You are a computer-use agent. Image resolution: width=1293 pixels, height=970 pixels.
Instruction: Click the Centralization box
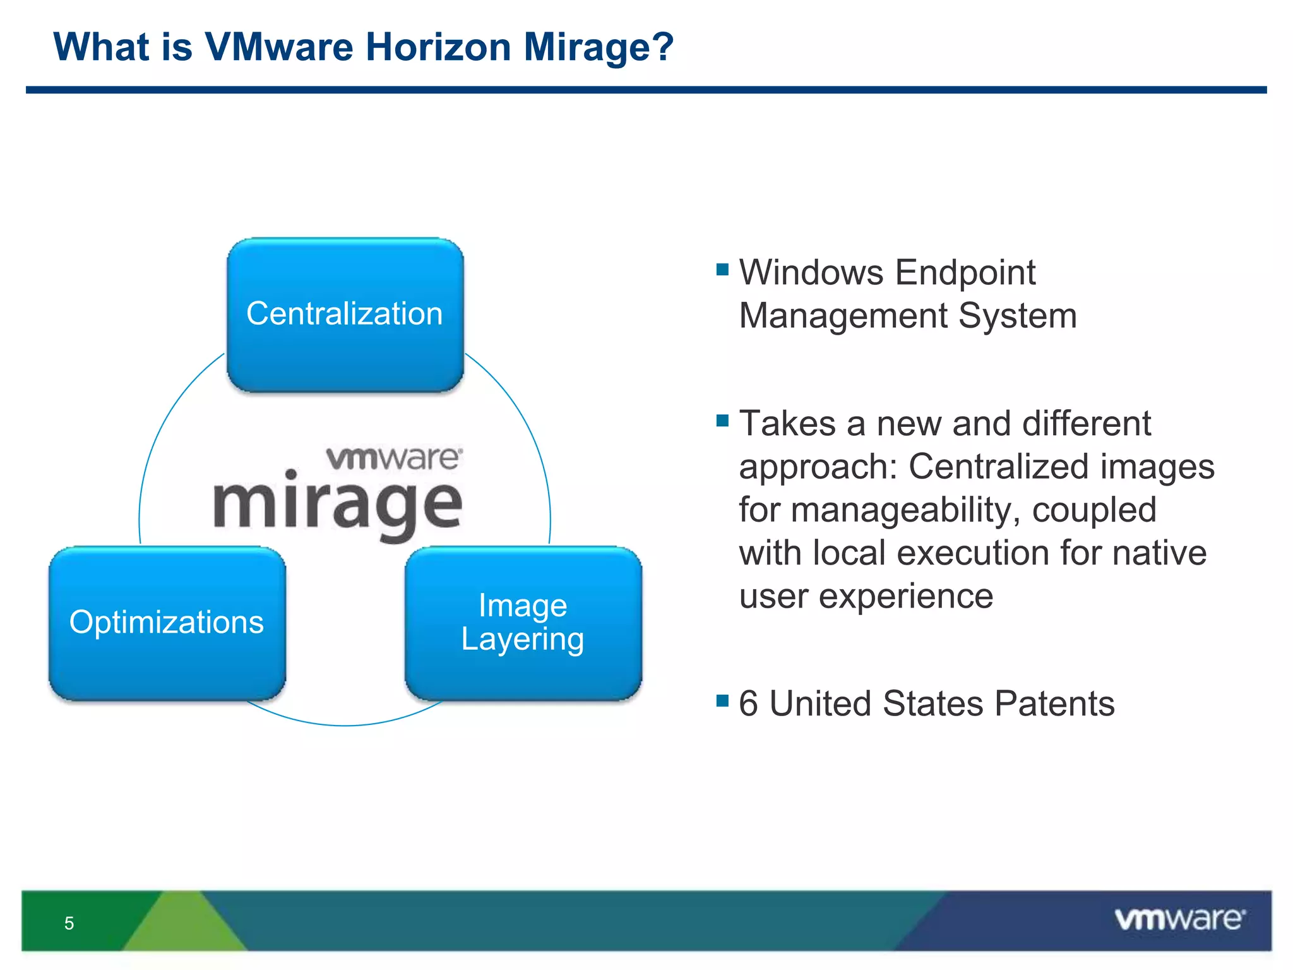point(345,314)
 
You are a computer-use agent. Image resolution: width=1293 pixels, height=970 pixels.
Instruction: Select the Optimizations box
point(167,623)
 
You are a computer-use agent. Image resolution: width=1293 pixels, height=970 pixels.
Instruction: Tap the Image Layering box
point(523,623)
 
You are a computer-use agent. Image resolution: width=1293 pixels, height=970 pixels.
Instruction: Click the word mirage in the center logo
point(338,505)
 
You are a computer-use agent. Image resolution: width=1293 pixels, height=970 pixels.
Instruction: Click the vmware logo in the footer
point(1179,919)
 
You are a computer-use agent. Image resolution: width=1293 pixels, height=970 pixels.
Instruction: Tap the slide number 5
point(69,923)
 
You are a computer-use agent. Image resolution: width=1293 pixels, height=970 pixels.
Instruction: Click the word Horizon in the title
point(438,47)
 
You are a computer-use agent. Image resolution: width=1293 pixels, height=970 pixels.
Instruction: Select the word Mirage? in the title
point(599,47)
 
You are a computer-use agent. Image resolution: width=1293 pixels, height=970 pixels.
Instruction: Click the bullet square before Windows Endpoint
point(723,270)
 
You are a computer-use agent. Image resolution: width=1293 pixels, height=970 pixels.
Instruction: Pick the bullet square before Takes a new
point(723,421)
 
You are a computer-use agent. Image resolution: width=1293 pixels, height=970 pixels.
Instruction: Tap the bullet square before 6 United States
point(723,700)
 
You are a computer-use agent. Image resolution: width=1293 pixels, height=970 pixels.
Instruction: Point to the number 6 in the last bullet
point(748,704)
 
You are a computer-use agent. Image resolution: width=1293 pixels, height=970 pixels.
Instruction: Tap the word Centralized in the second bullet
point(999,467)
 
